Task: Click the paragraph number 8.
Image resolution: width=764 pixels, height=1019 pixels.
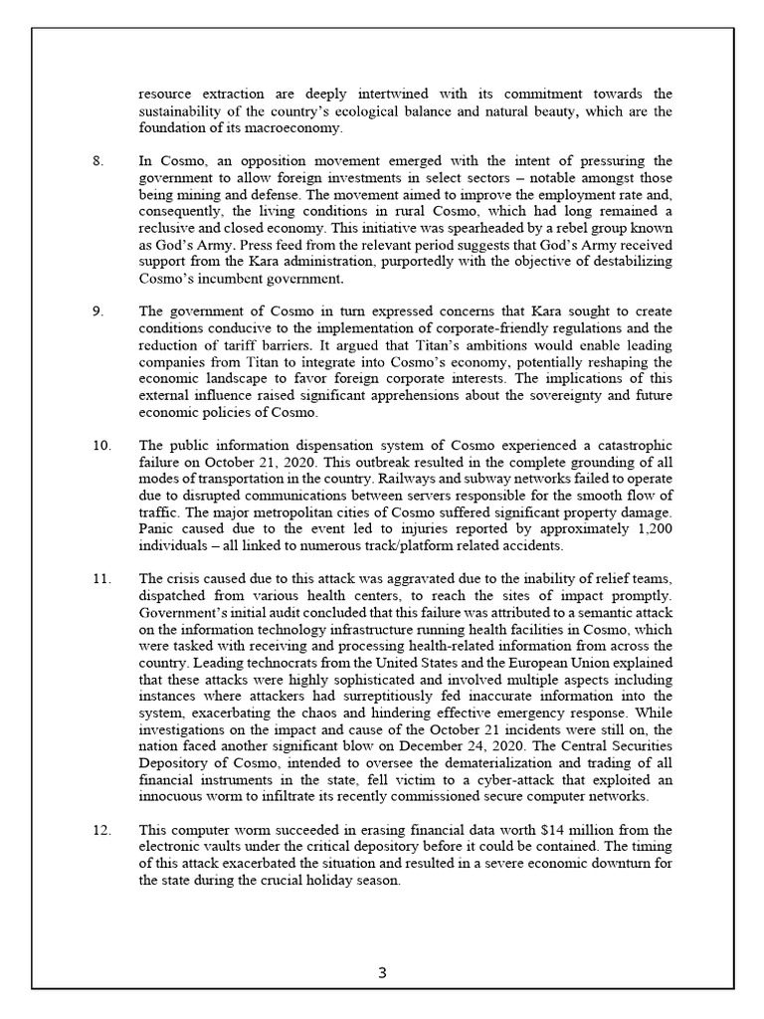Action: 97,161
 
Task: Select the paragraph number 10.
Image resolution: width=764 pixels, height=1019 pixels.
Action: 101,445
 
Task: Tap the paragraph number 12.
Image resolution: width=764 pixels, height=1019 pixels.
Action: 101,829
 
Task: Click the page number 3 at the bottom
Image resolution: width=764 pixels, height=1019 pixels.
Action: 382,973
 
